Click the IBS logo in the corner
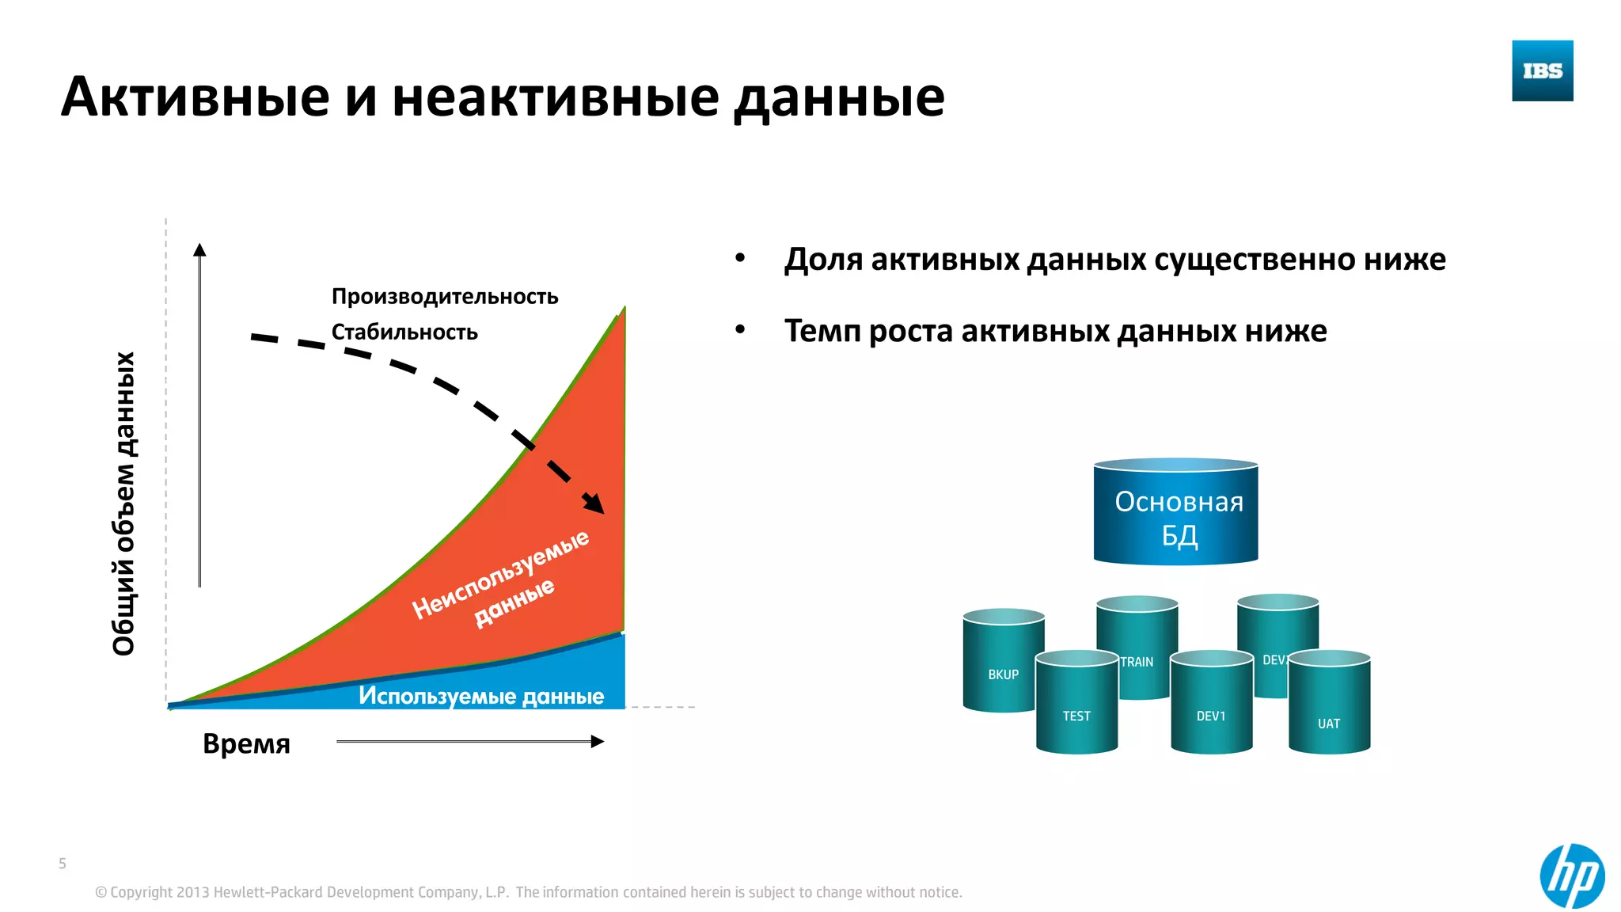point(1542,70)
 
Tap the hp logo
point(1572,876)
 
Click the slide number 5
point(63,863)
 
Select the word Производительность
point(445,297)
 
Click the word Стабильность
point(404,332)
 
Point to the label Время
point(246,744)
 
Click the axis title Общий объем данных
point(124,503)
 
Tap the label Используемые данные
point(481,696)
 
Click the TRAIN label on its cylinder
point(1137,662)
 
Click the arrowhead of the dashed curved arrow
point(594,504)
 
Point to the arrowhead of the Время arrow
point(598,742)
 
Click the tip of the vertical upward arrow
point(199,249)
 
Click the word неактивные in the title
point(556,97)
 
